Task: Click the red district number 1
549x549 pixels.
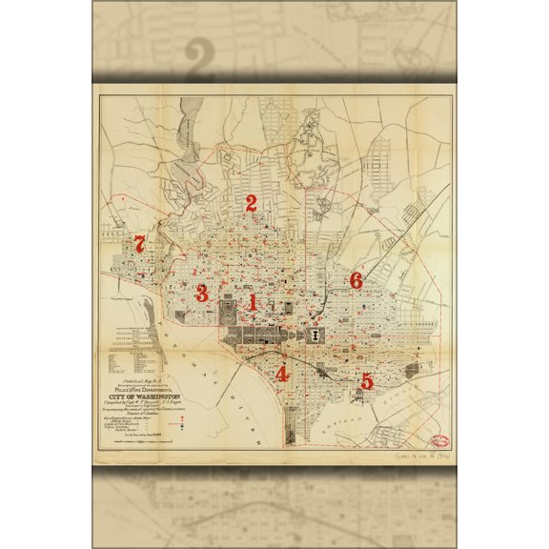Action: tap(253, 302)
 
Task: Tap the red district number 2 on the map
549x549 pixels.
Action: tap(252, 202)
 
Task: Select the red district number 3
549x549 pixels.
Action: tap(201, 293)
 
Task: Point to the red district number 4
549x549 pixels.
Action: tap(281, 375)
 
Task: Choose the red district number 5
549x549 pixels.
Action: tap(367, 380)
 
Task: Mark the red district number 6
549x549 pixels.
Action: tap(356, 280)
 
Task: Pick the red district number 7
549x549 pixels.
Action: tap(140, 244)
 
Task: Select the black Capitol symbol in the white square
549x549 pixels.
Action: tap(315, 336)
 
